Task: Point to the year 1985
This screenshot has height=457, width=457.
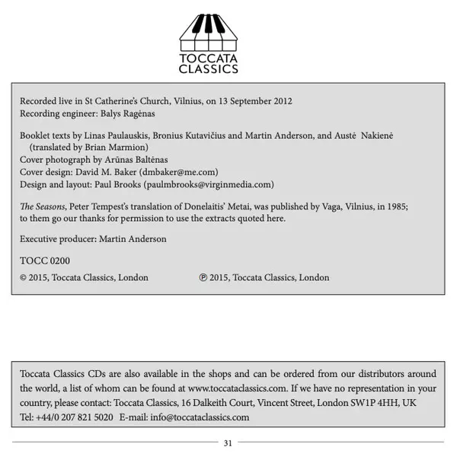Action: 395,206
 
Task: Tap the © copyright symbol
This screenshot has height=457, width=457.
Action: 24,278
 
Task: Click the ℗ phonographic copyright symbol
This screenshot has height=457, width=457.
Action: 203,278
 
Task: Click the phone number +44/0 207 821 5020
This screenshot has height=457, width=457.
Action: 72,417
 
